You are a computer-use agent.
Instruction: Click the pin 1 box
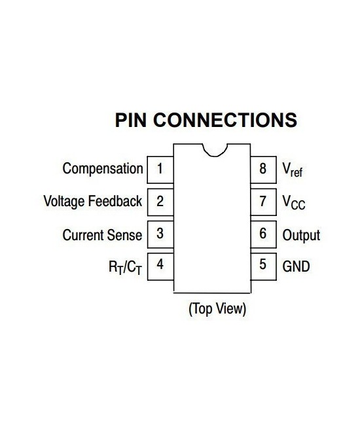coord(160,169)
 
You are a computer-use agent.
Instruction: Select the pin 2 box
coord(160,202)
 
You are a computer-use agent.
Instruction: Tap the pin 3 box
coord(160,234)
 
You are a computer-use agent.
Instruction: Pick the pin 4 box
coord(160,266)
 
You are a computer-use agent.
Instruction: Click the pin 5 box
coord(263,266)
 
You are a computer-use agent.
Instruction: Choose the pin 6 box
coord(263,234)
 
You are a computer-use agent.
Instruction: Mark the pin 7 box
coord(263,202)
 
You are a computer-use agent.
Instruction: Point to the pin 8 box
coord(263,169)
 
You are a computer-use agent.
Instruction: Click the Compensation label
coord(102,169)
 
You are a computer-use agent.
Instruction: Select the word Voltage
coord(63,202)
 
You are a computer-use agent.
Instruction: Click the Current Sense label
coord(102,234)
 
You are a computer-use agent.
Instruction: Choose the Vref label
coord(292,170)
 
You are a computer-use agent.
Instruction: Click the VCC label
coord(293,203)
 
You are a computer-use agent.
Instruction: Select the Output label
coord(301,234)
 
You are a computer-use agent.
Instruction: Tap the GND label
coord(296,266)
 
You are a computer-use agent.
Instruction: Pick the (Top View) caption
coord(217,308)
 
